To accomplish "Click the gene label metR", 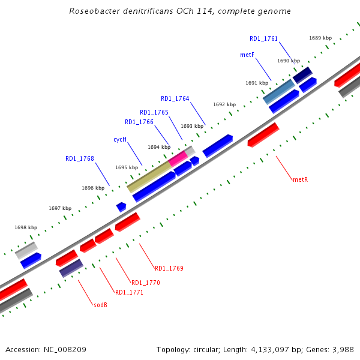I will pos(300,179).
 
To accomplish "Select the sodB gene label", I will pos(100,305).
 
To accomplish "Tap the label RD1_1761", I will pos(263,38).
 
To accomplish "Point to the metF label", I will pos(247,55).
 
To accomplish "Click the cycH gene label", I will pos(120,139).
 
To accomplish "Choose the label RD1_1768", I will pos(79,158).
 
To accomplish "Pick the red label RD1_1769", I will pos(169,268).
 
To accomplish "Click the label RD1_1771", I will pos(129,292).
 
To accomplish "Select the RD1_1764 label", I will pos(175,98).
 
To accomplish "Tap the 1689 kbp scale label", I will pos(320,38).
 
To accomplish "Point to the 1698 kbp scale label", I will pos(26,227).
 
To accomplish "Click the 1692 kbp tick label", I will pos(224,104).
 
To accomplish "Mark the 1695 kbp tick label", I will pos(127,167).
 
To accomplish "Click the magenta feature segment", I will pos(178,158).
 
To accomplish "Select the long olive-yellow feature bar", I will pos(149,176).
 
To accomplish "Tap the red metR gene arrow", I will pos(263,135).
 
